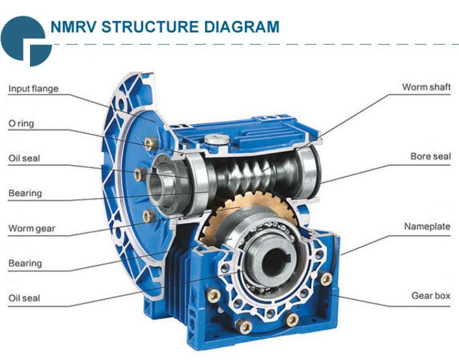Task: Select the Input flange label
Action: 33,89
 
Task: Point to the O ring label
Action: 21,123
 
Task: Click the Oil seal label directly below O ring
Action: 24,158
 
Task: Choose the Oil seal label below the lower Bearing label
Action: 24,298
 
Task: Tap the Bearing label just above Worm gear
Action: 25,193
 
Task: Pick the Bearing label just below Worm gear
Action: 25,264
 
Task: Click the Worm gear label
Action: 31,228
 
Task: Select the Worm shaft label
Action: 426,87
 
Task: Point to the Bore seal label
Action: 430,157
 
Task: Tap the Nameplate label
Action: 427,227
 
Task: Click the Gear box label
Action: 430,296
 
